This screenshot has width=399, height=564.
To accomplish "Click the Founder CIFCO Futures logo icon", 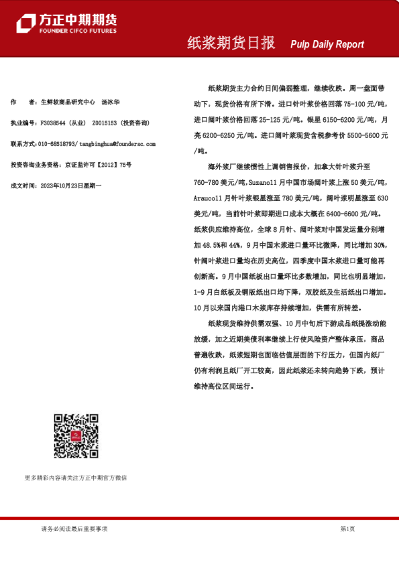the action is click(x=25, y=23).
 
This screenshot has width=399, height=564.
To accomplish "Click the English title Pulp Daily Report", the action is click(x=327, y=44).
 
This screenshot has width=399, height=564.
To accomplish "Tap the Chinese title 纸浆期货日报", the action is click(x=231, y=43).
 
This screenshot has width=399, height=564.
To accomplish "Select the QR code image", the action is click(x=75, y=436).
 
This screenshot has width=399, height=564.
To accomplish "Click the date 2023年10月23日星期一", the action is click(x=72, y=184).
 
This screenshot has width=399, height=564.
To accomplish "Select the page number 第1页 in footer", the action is click(x=347, y=528).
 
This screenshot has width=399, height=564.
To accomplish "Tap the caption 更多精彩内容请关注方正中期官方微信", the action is click(x=75, y=478).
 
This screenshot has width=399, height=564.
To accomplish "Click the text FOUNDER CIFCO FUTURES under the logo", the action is click(x=77, y=31).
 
